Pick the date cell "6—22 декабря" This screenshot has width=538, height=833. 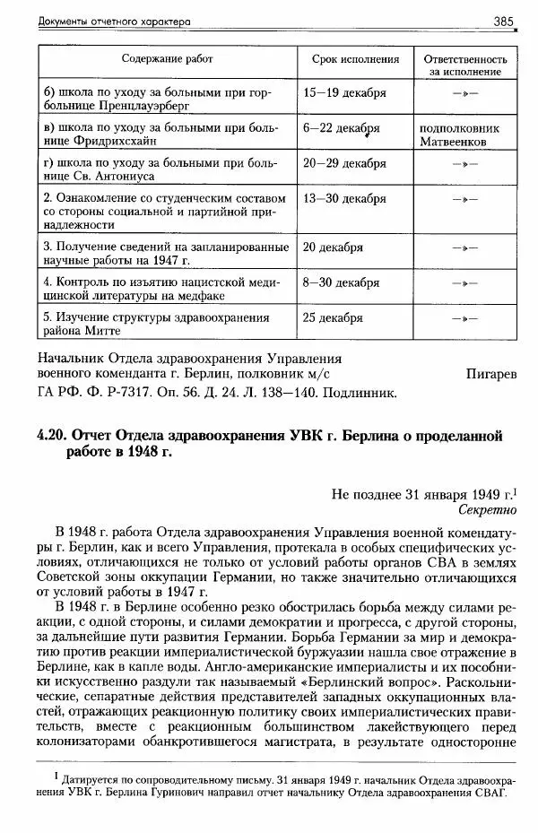[x=342, y=128]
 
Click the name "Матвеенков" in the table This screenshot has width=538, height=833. [x=458, y=142]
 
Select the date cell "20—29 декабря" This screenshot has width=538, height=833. [x=345, y=164]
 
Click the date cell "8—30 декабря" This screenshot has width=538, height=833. [x=342, y=282]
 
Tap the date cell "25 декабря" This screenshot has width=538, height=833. [x=334, y=318]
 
